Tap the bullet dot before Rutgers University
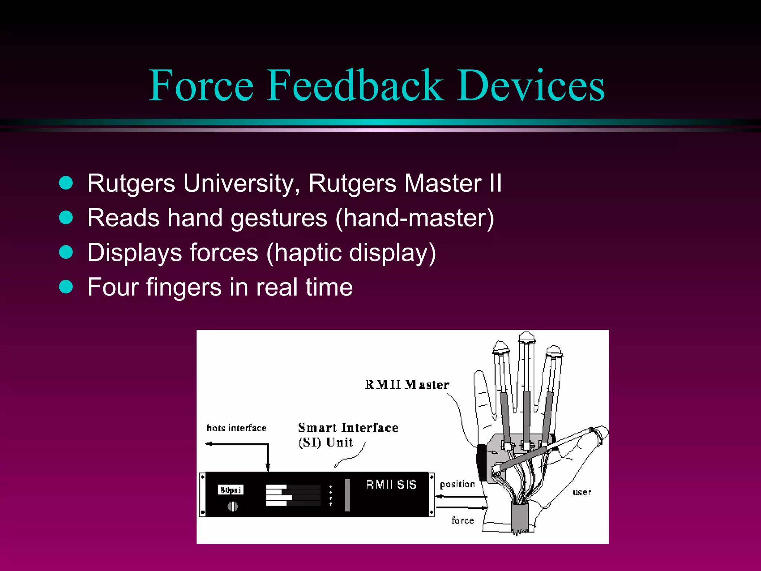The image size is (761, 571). coord(66,183)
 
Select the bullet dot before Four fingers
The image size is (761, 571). coord(66,287)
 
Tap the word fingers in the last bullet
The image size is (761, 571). coord(184,288)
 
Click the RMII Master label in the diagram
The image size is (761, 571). coord(407,385)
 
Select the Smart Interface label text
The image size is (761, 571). coord(348,428)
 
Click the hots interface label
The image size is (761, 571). coord(236,428)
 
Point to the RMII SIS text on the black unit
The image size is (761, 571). coord(391,485)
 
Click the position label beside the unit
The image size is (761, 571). coord(457,484)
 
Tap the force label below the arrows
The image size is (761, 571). coord(462,520)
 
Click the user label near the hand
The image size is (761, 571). coord(582,493)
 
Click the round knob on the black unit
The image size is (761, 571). coord(233,506)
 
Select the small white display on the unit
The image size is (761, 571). coord(230,490)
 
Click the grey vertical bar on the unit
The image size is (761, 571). coord(347,495)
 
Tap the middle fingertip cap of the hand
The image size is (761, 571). coord(527,338)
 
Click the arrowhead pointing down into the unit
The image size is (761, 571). coord(268,467)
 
